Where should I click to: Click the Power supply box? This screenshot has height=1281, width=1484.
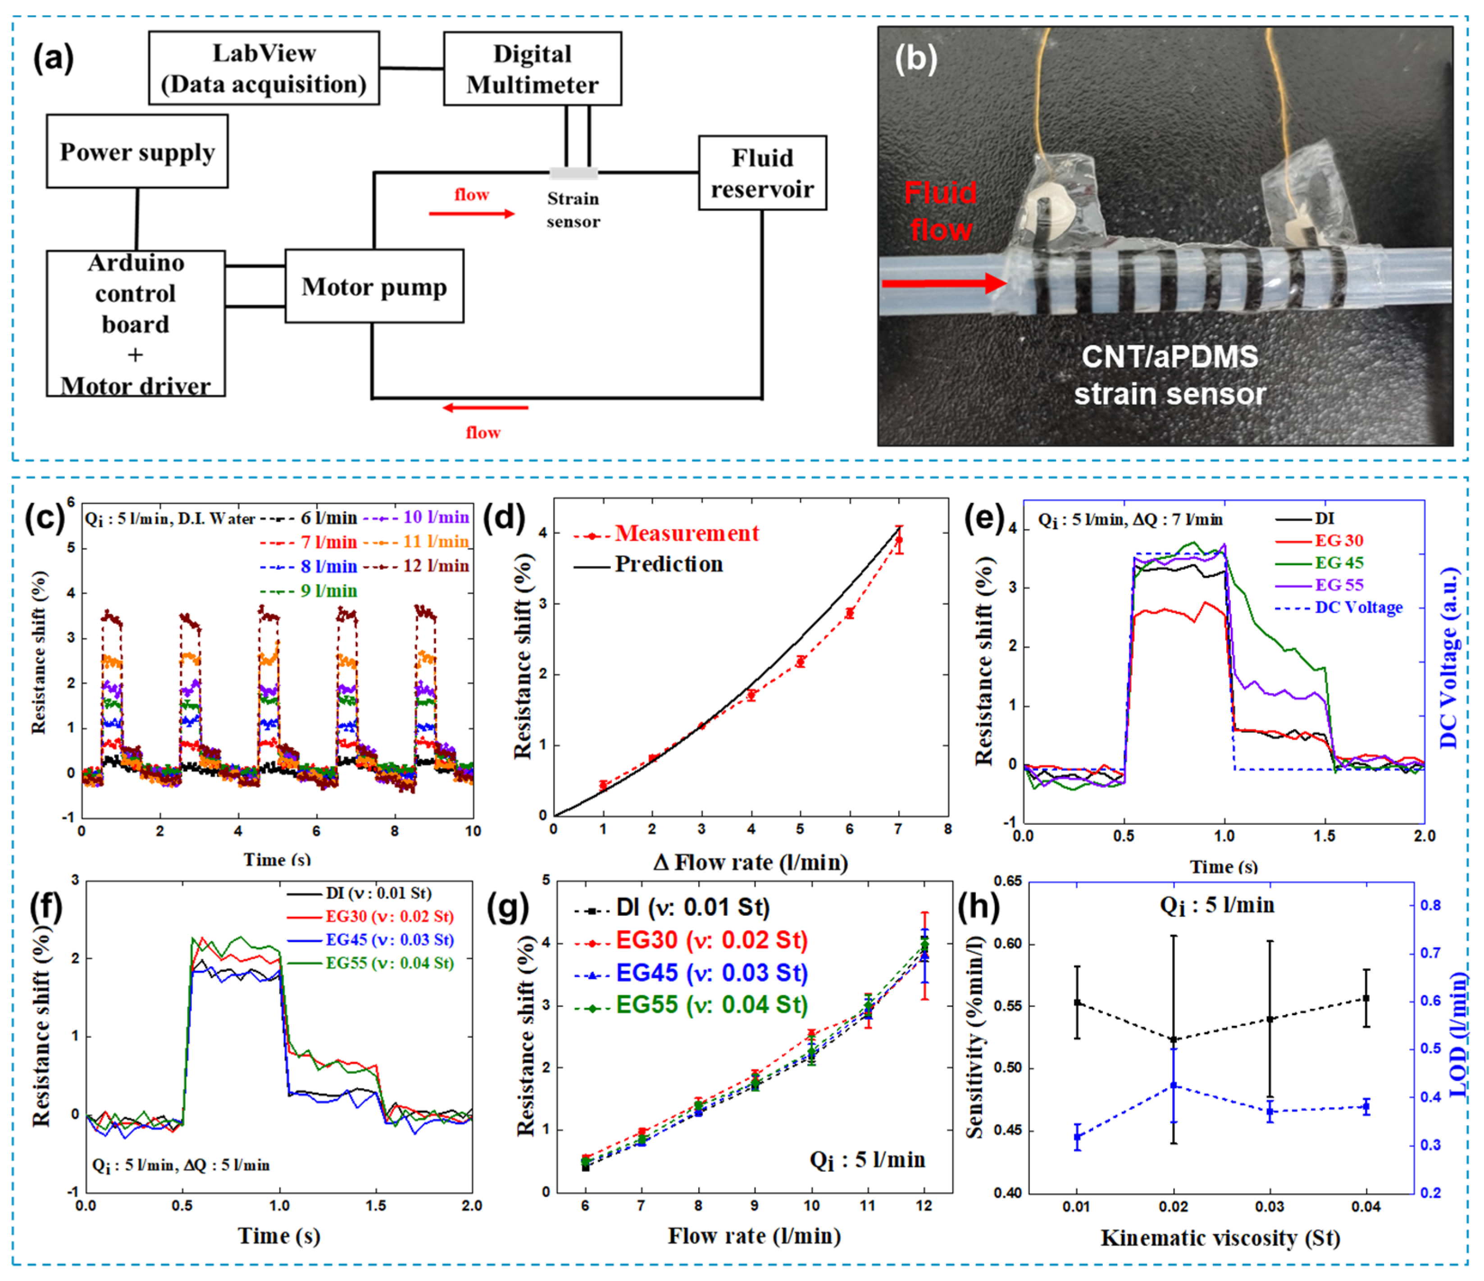[137, 152]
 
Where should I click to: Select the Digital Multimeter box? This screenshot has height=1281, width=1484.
[532, 69]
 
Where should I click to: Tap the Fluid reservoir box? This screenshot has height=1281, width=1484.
[762, 173]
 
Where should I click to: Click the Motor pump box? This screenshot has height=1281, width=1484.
[374, 287]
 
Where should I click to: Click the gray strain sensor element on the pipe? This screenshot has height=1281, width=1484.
[573, 173]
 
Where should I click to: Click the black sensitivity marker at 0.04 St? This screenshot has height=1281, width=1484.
[1366, 998]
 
